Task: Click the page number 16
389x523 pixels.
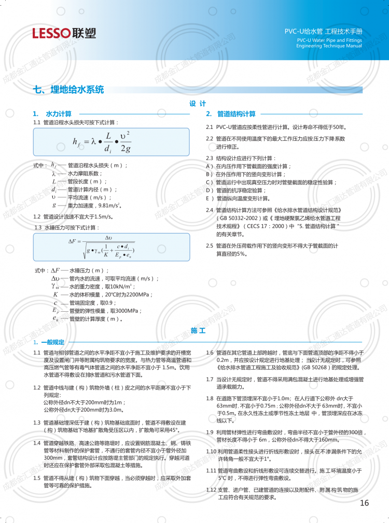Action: click(364, 503)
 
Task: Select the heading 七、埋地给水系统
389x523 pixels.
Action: click(68, 89)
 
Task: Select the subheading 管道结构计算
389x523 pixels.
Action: click(236, 114)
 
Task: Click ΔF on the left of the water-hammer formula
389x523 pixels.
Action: click(72, 241)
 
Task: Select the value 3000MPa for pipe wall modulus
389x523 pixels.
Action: click(125, 311)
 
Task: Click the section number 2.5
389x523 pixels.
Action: click(210, 245)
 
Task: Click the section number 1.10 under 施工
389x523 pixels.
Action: click(211, 452)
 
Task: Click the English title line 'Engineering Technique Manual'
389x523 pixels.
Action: click(329, 46)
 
